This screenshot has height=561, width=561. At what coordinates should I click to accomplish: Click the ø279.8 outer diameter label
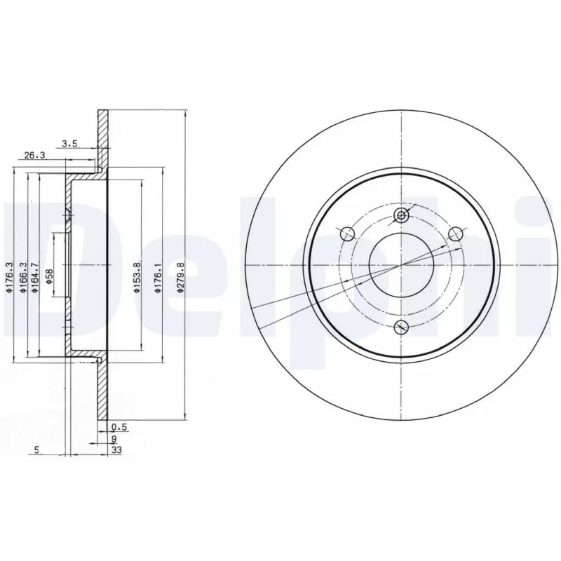click(x=181, y=276)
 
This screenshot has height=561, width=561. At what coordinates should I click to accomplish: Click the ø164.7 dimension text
click(x=34, y=276)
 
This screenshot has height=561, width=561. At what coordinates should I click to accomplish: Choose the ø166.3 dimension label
click(x=24, y=276)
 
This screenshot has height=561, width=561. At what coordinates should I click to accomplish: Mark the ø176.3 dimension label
click(x=11, y=276)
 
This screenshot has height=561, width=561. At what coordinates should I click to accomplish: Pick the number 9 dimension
click(x=114, y=438)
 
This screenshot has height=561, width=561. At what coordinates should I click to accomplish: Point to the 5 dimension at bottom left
click(x=36, y=451)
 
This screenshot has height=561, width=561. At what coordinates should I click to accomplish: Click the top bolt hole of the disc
click(x=400, y=215)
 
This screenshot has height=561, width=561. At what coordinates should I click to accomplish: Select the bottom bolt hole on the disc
click(x=400, y=325)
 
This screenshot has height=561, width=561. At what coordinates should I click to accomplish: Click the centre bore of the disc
click(x=400, y=265)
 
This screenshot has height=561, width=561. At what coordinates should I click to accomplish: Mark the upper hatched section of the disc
click(x=103, y=140)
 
